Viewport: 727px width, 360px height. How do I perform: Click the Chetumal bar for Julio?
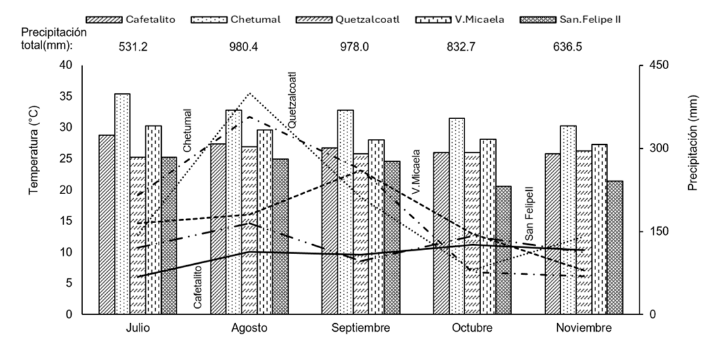[x=122, y=204]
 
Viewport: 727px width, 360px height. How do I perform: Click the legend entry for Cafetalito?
[x=132, y=20]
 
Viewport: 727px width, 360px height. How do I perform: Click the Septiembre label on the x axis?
[x=361, y=328]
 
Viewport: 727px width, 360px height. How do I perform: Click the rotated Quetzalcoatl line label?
[x=292, y=100]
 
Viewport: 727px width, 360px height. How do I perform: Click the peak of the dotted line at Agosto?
[x=249, y=93]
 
